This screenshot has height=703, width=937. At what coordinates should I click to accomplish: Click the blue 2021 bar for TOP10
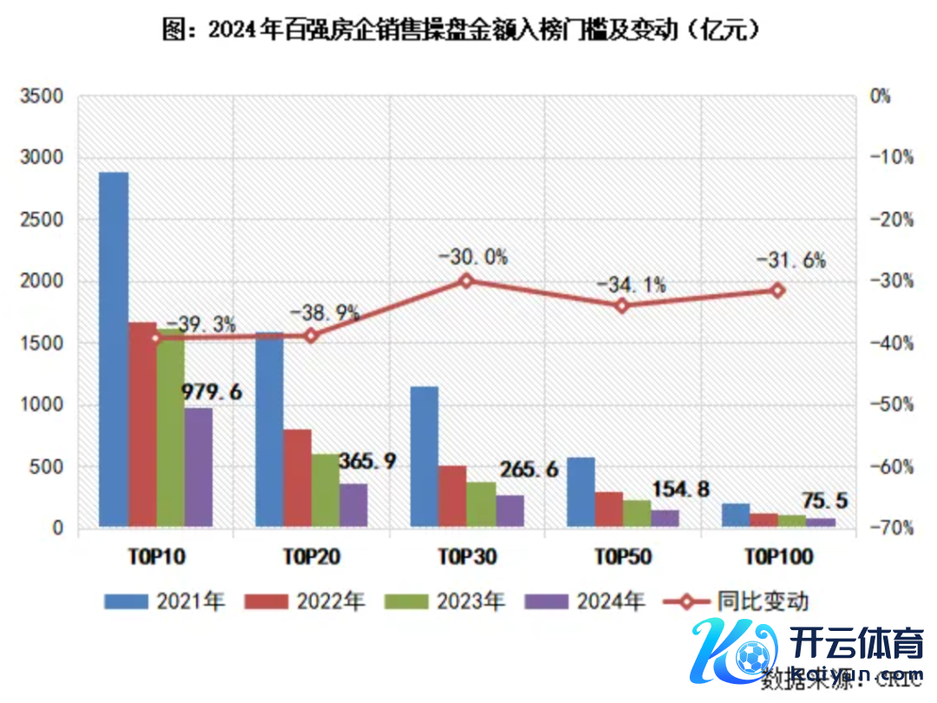(114, 347)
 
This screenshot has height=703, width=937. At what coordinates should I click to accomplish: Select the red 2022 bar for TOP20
(297, 477)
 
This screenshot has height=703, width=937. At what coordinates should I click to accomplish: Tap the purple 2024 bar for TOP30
(510, 510)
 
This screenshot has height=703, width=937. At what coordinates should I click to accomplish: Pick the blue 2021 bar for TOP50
(580, 491)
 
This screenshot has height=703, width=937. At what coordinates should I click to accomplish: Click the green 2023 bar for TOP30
(482, 504)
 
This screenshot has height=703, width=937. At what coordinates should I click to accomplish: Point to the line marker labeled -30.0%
(466, 280)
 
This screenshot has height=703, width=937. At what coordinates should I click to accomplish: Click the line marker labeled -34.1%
(622, 306)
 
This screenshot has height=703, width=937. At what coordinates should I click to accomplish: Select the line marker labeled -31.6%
(777, 291)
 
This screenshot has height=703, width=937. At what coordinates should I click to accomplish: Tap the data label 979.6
(212, 391)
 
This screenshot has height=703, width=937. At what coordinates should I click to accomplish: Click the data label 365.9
(366, 460)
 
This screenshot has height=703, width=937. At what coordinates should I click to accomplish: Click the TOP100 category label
(777, 556)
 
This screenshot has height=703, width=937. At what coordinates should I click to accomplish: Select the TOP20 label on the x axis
(311, 556)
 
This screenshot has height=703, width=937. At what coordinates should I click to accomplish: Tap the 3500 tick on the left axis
(41, 96)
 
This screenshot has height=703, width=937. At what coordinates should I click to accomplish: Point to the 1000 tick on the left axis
(41, 405)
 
